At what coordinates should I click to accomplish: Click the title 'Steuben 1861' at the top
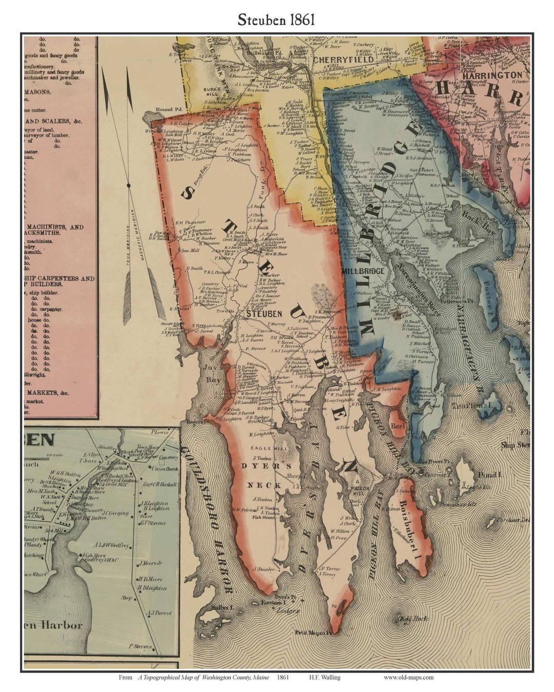click(275, 19)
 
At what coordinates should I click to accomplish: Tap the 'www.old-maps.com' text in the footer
click(408, 677)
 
